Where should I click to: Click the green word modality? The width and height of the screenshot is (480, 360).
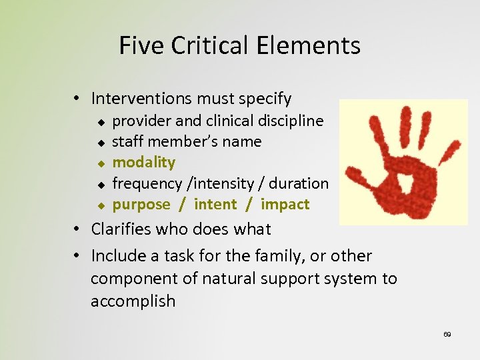coord(143,162)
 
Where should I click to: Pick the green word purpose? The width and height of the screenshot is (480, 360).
coord(141,205)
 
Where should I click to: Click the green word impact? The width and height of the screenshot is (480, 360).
coord(285,204)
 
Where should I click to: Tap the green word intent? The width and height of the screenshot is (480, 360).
coord(215,204)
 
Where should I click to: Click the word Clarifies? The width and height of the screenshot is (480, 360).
coord(123,229)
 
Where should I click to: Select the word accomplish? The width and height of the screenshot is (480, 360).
coord(133,301)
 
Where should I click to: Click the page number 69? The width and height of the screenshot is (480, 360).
coord(447,334)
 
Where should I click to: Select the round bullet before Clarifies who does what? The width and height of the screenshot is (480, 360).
coord(79,229)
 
